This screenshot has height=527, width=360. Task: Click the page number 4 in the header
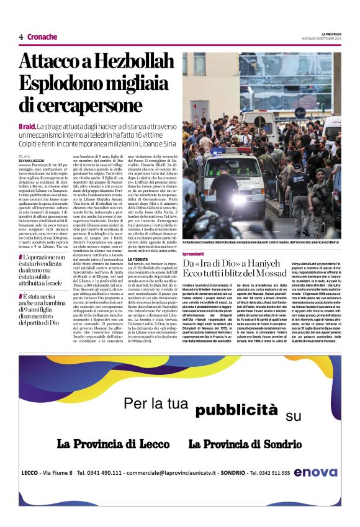[x=21, y=37]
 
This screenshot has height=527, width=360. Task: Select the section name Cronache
[x=42, y=37]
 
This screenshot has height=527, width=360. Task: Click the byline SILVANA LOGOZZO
[x=35, y=161]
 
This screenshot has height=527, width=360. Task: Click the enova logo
[x=316, y=473]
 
